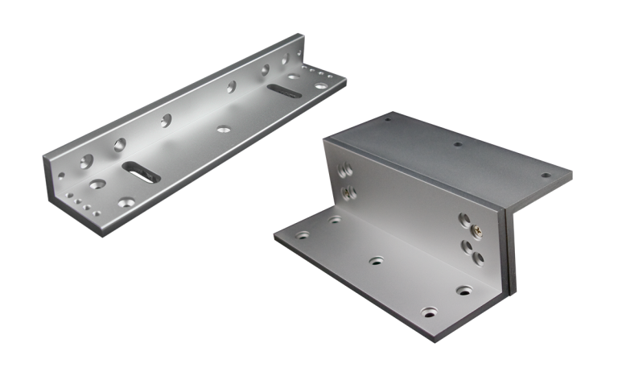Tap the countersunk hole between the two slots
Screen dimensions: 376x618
[x=220, y=127]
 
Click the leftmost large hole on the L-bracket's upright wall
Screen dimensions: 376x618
[x=119, y=145]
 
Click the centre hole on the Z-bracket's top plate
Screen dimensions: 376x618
[x=458, y=146]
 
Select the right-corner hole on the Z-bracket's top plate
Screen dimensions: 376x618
[x=546, y=175]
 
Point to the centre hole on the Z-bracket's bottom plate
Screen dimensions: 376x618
[x=375, y=261]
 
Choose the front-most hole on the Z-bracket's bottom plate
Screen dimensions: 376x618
[x=426, y=310]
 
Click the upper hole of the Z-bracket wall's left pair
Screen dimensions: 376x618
[x=344, y=171]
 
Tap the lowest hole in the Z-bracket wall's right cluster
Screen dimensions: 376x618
[x=476, y=258]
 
